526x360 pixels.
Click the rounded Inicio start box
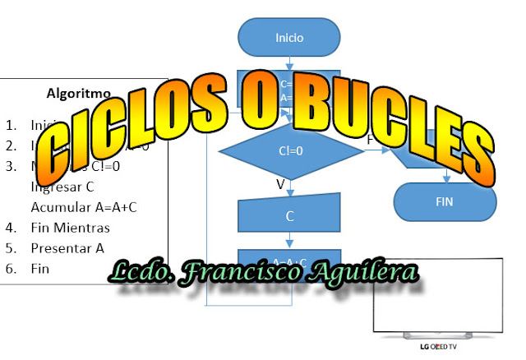pos(288,37)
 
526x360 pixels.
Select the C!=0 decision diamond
pos(288,151)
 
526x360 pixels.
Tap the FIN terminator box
pos(444,201)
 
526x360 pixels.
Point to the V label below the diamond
pos(280,185)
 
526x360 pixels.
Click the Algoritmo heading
pos(79,93)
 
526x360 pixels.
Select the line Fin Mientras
pos(70,227)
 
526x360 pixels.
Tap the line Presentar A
pos(67,247)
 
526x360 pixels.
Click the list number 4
pos(10,227)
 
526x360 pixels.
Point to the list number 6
pos(10,268)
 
